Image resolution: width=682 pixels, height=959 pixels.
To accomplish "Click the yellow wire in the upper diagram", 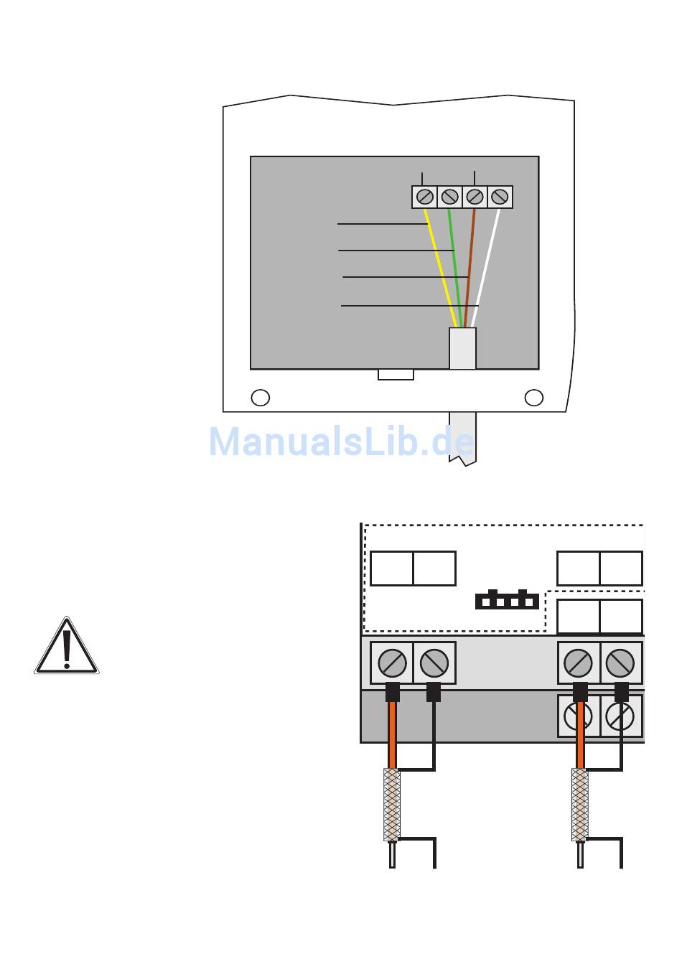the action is coord(440,266).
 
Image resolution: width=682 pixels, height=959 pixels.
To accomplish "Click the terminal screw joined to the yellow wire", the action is coord(425,197).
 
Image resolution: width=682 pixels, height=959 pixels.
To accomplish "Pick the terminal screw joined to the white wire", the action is coord(500,197).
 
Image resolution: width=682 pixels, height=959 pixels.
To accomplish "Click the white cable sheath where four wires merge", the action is coord(462,349).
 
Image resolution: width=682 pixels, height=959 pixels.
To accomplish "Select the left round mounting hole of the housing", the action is coord(261,398).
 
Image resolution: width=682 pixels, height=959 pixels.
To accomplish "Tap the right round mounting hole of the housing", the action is coord(534,398).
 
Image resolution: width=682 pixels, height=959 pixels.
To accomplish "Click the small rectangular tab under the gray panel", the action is coord(396,375).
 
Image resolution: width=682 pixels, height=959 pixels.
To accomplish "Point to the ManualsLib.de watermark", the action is coord(342,441).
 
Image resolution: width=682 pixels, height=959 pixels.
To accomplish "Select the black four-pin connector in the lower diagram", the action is coord(507,600).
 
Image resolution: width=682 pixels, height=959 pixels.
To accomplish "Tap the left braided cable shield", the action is coord(391,804).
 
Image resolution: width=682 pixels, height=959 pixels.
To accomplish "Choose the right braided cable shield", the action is coord(580,804).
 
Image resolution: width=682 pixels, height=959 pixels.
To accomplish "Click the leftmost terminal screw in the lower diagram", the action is coord(392,663).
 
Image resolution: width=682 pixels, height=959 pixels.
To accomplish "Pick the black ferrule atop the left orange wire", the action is coord(392,692).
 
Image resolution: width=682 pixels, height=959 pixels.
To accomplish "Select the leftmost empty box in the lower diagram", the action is coord(391,569).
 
